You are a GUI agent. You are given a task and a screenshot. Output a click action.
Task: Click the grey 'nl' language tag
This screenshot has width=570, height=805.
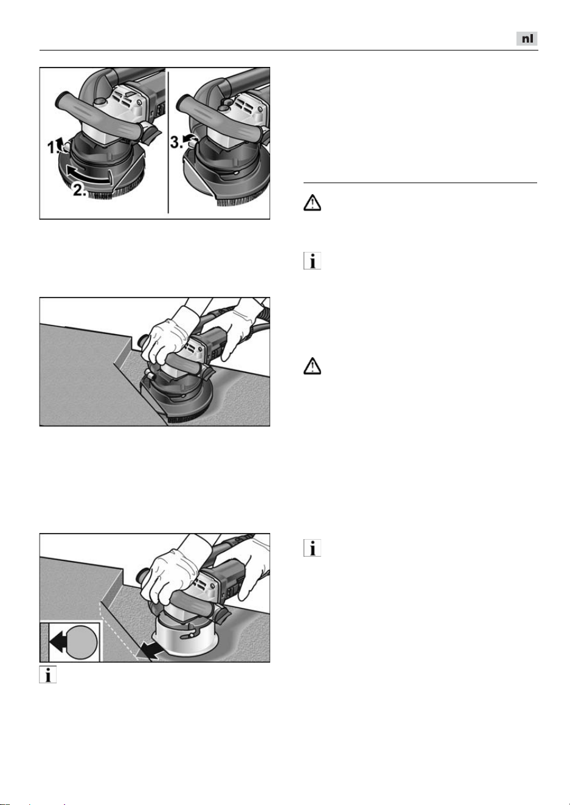click(x=527, y=38)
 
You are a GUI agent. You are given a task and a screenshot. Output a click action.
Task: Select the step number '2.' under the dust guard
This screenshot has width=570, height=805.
click(x=80, y=189)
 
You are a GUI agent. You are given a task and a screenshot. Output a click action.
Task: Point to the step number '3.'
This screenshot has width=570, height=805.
click(x=176, y=142)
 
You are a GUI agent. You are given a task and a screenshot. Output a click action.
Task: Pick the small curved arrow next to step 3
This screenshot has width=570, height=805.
click(x=189, y=138)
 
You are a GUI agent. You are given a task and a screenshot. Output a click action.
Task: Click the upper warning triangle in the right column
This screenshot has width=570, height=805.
click(x=312, y=203)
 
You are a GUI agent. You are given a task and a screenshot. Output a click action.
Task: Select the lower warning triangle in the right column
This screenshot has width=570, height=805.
click(x=312, y=366)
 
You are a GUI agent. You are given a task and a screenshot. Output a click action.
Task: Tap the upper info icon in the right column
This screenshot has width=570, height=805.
click(x=312, y=261)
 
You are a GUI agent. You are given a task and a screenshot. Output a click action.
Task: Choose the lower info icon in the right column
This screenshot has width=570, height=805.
click(x=312, y=548)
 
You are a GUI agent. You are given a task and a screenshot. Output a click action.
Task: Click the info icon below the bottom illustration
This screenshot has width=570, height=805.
click(x=48, y=675)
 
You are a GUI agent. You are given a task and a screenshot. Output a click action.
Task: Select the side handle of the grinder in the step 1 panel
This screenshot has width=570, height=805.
click(x=97, y=115)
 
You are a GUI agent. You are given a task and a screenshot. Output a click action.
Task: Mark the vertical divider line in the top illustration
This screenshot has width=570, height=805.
click(x=168, y=142)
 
